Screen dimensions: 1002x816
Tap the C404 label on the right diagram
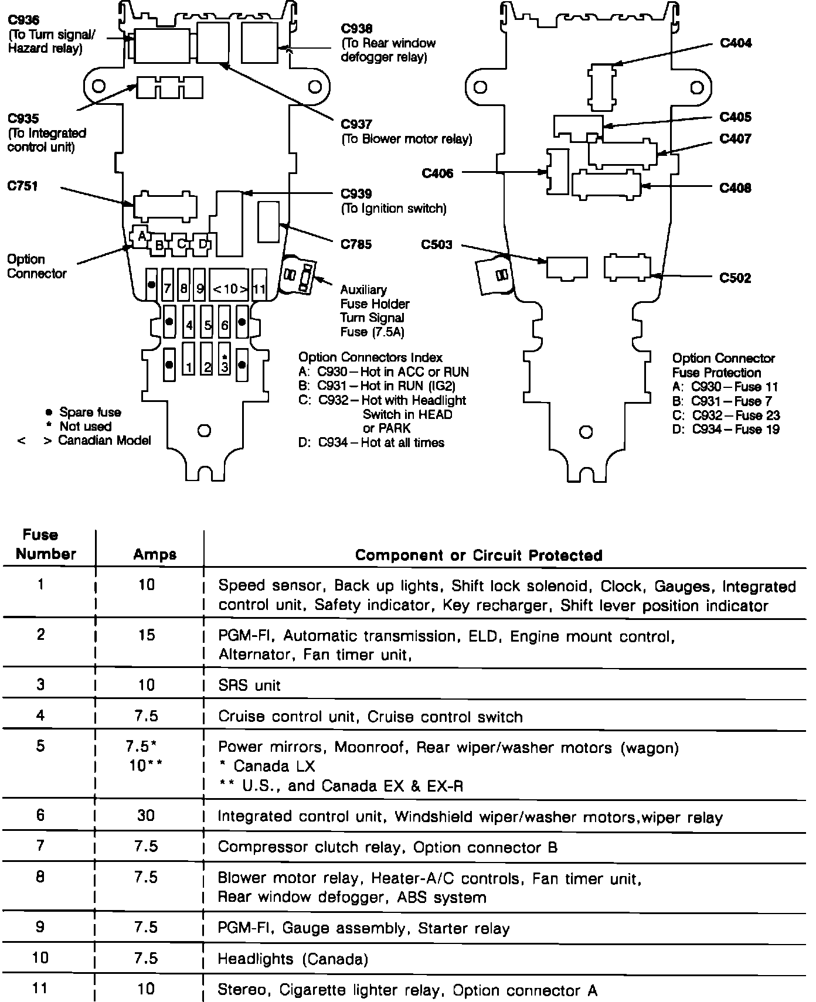[x=736, y=43]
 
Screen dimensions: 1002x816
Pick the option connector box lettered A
[x=141, y=236]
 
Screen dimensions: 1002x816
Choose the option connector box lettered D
[x=203, y=244]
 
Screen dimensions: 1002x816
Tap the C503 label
[x=437, y=244]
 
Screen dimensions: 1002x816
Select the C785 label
[x=356, y=244]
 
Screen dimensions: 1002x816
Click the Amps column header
[x=155, y=554]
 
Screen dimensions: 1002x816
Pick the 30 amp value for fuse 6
[x=146, y=815]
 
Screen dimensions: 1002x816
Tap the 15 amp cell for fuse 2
[x=146, y=635]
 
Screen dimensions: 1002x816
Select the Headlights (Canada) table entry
[x=293, y=959]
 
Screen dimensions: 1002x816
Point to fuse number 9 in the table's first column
[x=40, y=927]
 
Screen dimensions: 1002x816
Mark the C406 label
[x=437, y=173]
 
